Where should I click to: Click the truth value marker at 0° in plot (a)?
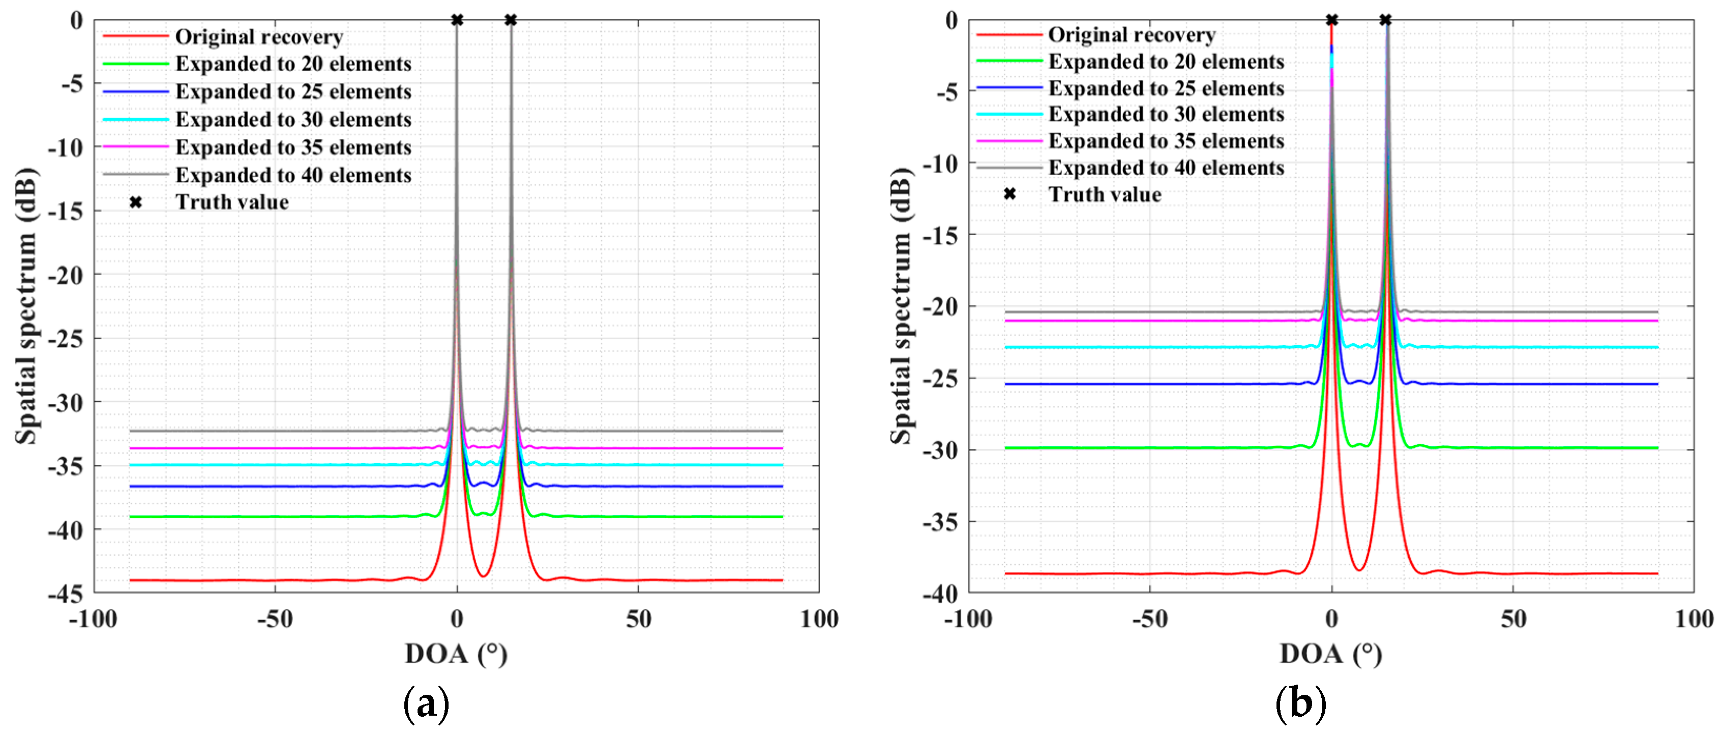click(x=457, y=20)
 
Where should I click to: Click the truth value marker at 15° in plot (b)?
click(x=1386, y=20)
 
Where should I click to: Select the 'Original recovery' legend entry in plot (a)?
click(x=258, y=37)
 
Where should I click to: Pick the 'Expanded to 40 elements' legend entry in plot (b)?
click(x=1165, y=167)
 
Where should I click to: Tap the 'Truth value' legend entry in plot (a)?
click(x=231, y=202)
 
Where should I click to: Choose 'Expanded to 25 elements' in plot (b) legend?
click(x=1165, y=89)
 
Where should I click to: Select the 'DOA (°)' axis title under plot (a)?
click(x=456, y=654)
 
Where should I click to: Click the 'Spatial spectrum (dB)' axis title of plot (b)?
click(x=901, y=306)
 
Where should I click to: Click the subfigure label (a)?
click(x=426, y=704)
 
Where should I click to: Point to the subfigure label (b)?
click(x=1300, y=704)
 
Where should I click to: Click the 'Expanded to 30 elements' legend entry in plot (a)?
click(x=293, y=120)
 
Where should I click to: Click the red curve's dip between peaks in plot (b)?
click(x=1359, y=570)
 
